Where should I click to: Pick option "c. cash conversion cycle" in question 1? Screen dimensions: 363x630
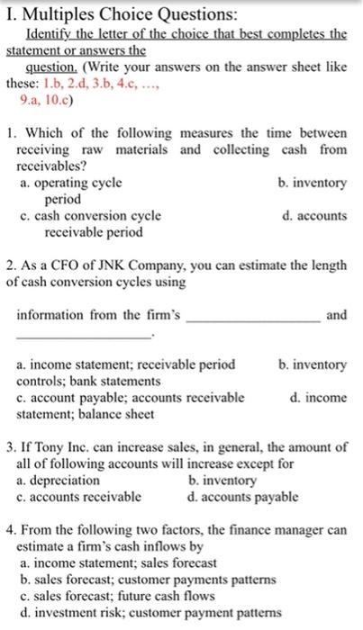coord(90,216)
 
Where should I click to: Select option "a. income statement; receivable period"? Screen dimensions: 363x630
coord(127,364)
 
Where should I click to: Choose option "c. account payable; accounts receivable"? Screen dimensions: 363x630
coord(131,397)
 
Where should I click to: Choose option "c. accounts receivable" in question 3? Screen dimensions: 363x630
coord(80,496)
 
